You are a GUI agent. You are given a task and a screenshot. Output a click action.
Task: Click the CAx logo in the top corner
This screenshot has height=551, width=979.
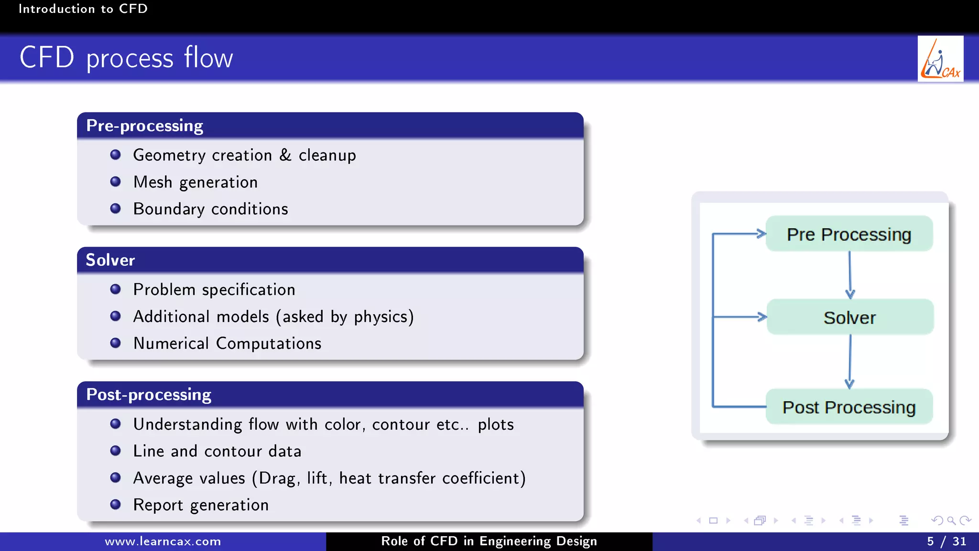940,59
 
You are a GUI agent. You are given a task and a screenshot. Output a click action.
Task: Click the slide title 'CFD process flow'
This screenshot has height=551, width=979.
126,58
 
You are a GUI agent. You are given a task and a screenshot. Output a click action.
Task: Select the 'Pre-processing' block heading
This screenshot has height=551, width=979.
145,126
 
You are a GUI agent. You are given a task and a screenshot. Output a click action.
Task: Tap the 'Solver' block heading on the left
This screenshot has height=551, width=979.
110,260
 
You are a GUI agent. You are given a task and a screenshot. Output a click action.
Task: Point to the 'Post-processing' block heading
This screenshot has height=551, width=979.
149,395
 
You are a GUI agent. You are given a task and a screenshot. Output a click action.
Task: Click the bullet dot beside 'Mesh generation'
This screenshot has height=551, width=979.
115,182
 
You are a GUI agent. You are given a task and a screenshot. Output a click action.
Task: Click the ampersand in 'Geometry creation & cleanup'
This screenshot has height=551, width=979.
285,155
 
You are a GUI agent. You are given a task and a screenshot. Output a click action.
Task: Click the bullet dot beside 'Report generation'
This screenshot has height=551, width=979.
115,505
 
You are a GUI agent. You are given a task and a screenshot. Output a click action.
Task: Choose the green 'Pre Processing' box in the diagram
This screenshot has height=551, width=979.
849,234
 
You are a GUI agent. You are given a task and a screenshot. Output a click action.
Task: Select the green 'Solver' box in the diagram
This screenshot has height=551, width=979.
850,317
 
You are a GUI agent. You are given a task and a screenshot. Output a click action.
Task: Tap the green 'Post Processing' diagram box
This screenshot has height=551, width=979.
849,407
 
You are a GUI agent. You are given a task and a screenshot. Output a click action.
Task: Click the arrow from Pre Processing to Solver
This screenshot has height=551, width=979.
850,275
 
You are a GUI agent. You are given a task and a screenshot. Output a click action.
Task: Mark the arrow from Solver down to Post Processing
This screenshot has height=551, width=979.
850,361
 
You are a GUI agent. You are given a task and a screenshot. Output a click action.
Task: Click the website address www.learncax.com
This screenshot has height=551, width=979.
163,541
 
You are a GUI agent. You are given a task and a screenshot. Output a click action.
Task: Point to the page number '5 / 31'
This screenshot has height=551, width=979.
946,541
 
